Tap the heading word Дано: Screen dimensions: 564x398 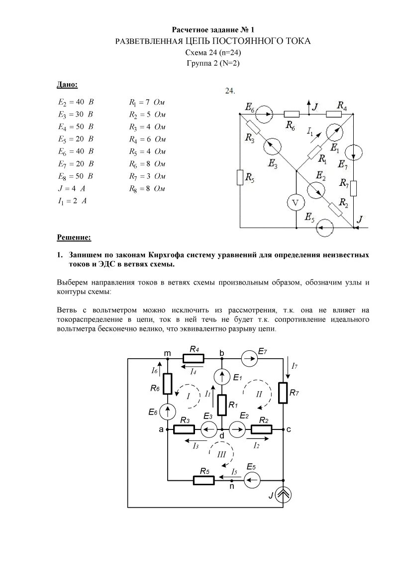click(67, 85)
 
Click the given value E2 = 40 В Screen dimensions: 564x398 click(76, 102)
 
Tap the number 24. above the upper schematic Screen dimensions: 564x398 click(230, 91)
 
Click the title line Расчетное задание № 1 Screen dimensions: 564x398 click(213, 30)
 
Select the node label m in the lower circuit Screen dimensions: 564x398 click(168, 353)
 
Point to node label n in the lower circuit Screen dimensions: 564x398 click(232, 487)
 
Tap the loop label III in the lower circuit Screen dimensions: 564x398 click(221, 454)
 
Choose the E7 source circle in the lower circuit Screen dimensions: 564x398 click(247, 358)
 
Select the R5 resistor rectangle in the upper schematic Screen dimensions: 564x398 click(240, 177)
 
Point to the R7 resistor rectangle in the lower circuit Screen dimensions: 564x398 click(283, 392)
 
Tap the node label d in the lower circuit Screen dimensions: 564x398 click(222, 435)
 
